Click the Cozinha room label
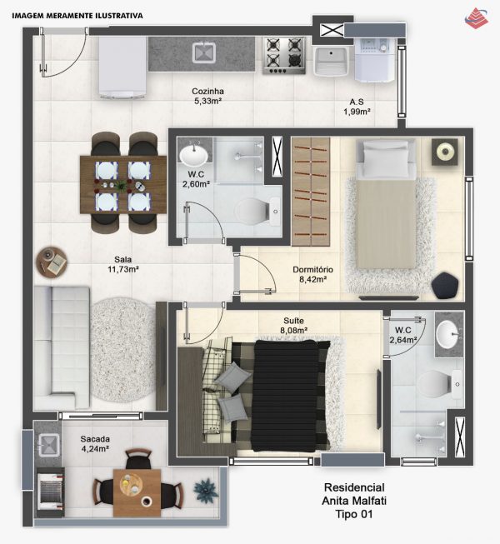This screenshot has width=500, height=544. (207, 92)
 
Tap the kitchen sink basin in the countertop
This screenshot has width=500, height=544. (204, 52)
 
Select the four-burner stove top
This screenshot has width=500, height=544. (284, 56)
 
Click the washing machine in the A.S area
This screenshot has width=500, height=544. (375, 60)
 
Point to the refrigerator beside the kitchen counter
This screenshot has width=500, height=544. (122, 67)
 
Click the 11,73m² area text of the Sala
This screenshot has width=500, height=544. (123, 269)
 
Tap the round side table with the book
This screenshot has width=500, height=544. (52, 262)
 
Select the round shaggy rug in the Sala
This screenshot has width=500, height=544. (124, 350)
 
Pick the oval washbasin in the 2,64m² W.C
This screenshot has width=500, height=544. (448, 334)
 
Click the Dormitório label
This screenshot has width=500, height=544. (312, 270)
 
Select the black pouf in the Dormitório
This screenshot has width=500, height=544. (445, 285)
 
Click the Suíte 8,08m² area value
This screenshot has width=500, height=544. (294, 330)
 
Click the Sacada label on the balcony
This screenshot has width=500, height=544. (95, 439)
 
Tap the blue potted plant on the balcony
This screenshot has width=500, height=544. (206, 489)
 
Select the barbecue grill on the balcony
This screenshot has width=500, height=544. (51, 492)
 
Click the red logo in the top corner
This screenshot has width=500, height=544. (477, 18)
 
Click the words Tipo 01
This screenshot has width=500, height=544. (354, 514)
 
